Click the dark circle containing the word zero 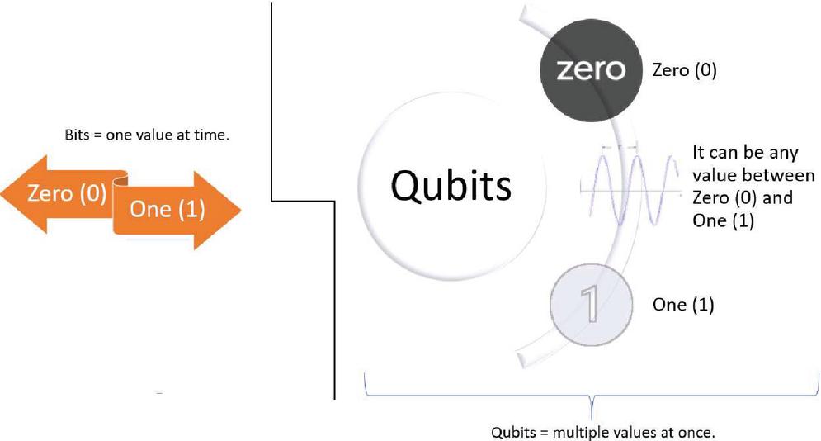pos(589,69)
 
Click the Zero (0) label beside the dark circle pos(684,71)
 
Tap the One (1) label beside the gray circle pos(682,305)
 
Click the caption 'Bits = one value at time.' pos(146,134)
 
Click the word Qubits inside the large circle pos(451,186)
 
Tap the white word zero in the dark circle pos(589,69)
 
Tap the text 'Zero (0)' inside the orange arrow pos(67,195)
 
